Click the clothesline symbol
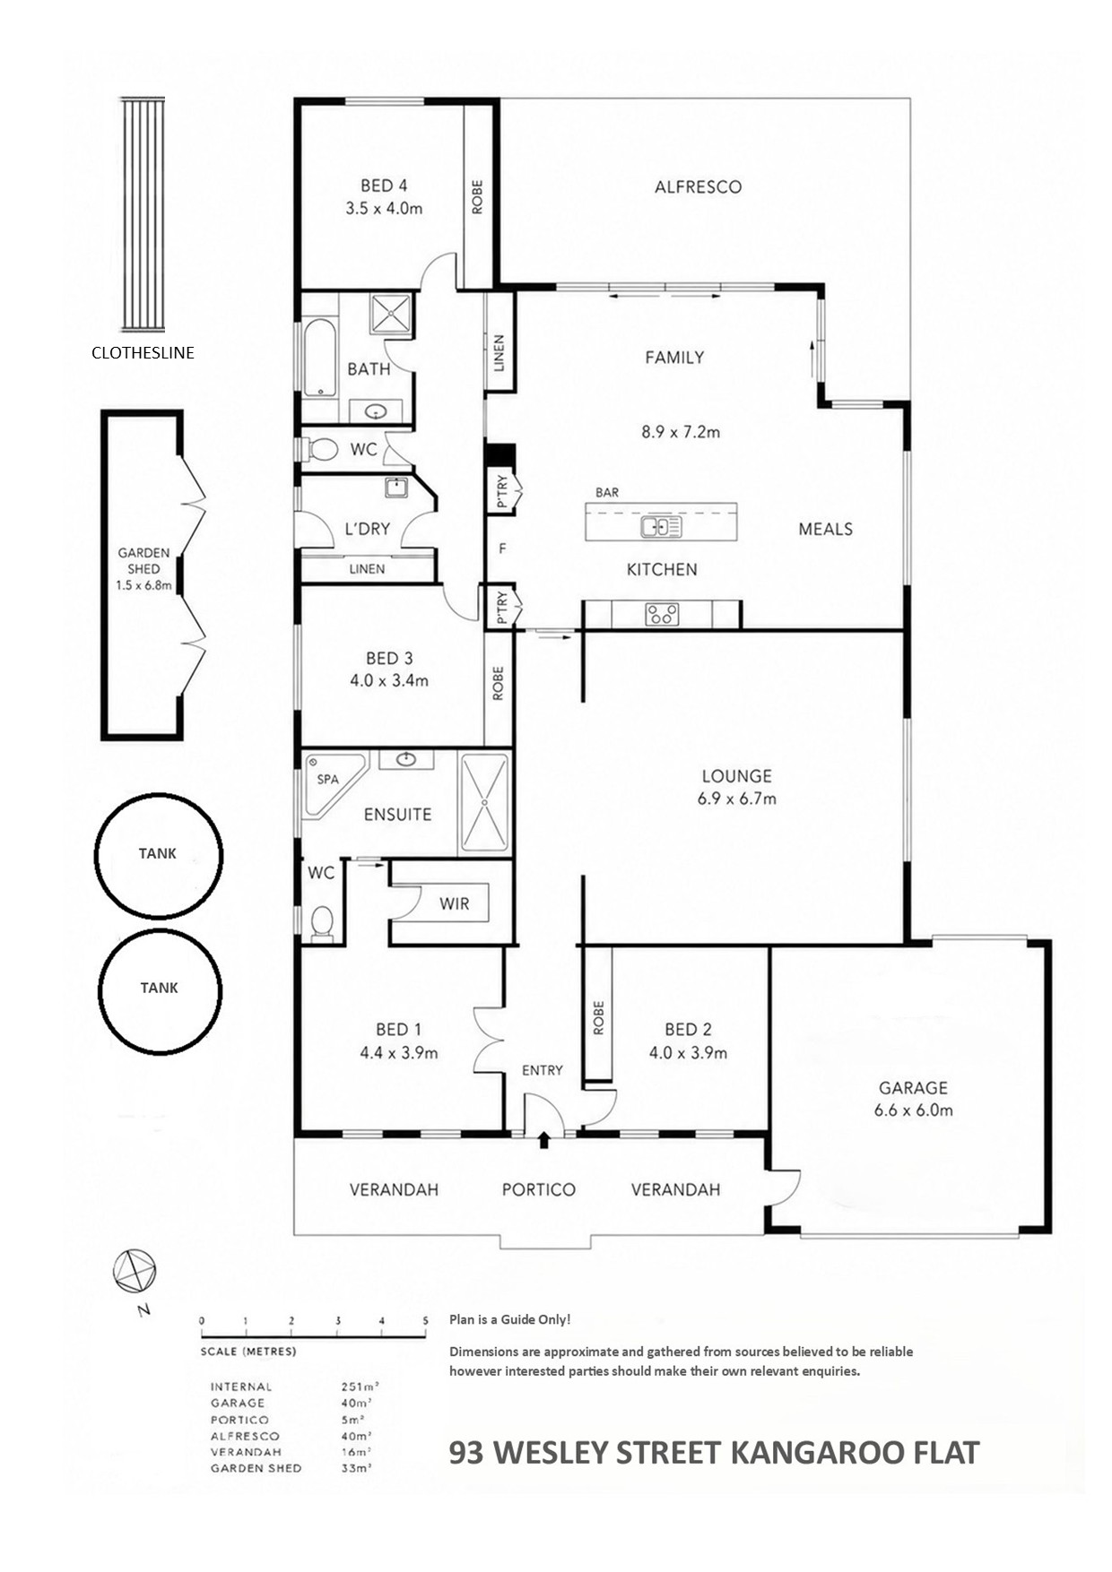click(143, 215)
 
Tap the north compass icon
click(135, 1271)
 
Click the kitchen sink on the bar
click(661, 526)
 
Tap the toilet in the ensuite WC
click(321, 922)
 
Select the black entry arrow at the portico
click(543, 1139)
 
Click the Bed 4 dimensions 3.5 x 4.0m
click(384, 208)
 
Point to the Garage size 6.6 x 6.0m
click(913, 1110)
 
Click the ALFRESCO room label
click(698, 186)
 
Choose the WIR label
click(454, 903)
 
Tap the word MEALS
click(825, 529)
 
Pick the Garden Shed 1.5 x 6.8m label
click(143, 569)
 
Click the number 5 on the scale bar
click(425, 1320)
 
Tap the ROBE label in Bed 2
click(598, 1018)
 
